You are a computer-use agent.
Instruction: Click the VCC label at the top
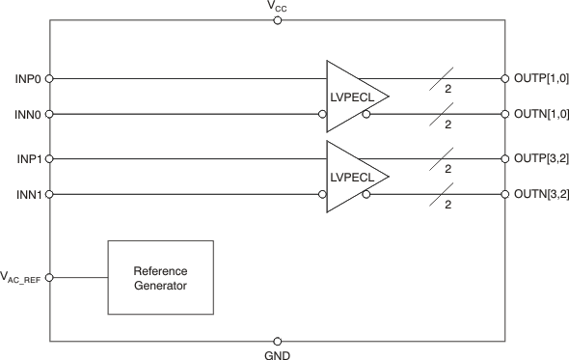tap(278, 8)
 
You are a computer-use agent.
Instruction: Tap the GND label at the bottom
tap(278, 353)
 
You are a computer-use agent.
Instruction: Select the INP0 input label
tap(26, 78)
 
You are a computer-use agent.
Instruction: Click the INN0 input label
tap(26, 114)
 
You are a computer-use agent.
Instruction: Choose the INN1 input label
tap(26, 194)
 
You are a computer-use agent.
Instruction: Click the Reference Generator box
tap(160, 277)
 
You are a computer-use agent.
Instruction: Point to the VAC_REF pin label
tap(22, 278)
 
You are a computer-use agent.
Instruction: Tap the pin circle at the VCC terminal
tap(278, 20)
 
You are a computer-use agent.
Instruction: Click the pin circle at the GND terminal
tap(278, 341)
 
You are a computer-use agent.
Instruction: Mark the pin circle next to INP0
tap(49, 78)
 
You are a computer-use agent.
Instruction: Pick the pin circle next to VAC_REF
tap(49, 278)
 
